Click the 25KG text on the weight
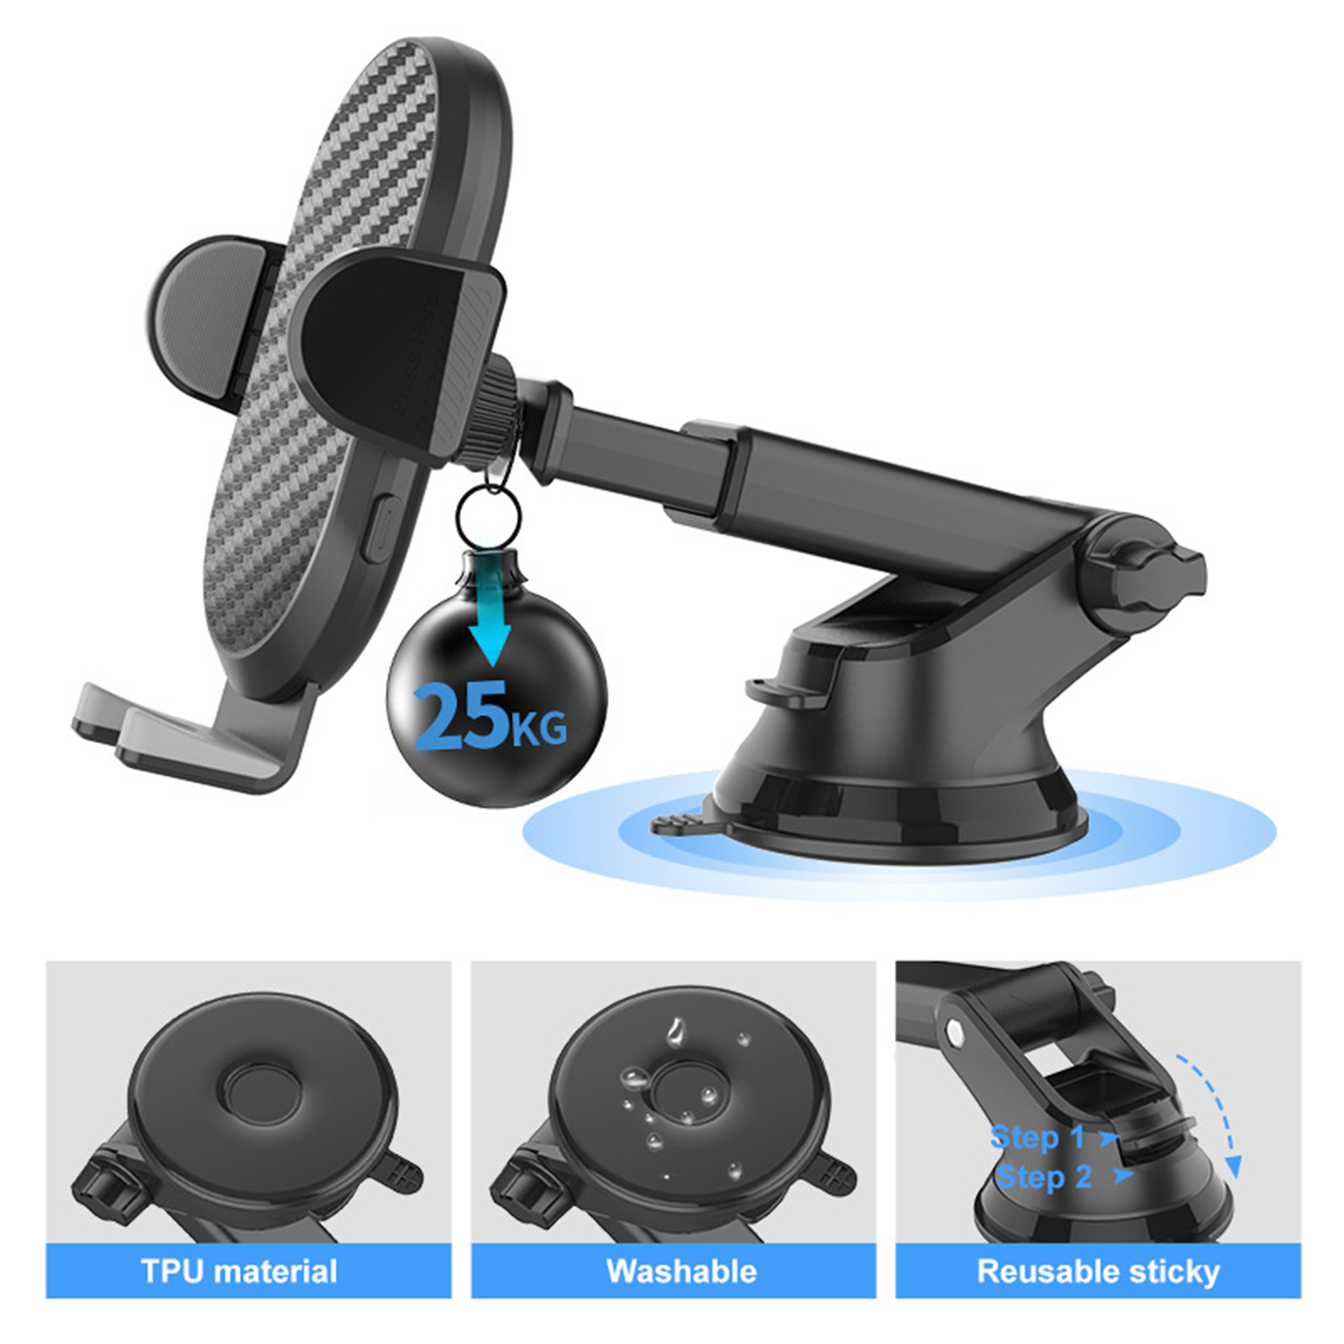[x=491, y=716]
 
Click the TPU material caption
[x=239, y=1271]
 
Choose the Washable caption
[x=681, y=1271]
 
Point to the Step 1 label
[x=1037, y=1137]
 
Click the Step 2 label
[x=1043, y=1177]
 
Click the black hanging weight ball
[x=496, y=676]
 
